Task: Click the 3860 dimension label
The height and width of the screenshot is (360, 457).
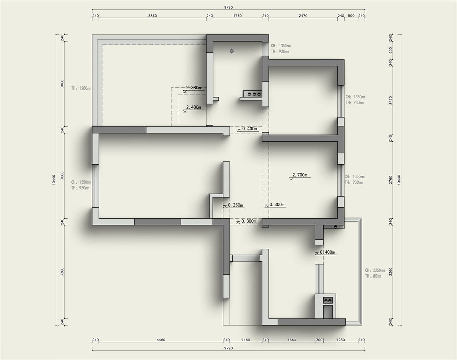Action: tap(152, 16)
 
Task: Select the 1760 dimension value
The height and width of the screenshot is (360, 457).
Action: tap(237, 16)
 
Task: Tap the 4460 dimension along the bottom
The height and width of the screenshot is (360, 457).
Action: tap(161, 340)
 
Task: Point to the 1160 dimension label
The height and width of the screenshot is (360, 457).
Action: tap(246, 340)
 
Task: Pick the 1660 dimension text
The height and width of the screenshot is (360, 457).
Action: tap(292, 340)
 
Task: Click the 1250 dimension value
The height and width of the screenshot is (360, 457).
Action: tap(340, 340)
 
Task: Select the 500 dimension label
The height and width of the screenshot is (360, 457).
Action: tap(351, 16)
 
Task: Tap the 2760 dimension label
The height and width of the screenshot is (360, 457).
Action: tap(390, 179)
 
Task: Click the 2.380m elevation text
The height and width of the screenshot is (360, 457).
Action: tap(193, 88)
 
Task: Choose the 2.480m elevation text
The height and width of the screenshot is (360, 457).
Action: tap(193, 107)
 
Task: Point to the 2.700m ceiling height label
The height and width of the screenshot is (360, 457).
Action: tap(300, 175)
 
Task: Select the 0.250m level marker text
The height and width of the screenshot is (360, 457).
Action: tap(235, 205)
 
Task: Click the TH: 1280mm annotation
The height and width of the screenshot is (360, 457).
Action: tap(81, 88)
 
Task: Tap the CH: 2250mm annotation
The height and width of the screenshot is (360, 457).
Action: tap(375, 270)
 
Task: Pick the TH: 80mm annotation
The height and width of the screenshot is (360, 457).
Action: tap(373, 276)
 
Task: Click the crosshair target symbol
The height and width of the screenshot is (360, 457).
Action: tap(232, 51)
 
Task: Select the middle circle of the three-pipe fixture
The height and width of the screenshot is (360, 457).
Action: tap(254, 94)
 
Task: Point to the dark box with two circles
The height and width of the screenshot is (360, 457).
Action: tap(328, 300)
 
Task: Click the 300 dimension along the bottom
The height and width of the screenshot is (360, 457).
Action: tap(319, 340)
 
